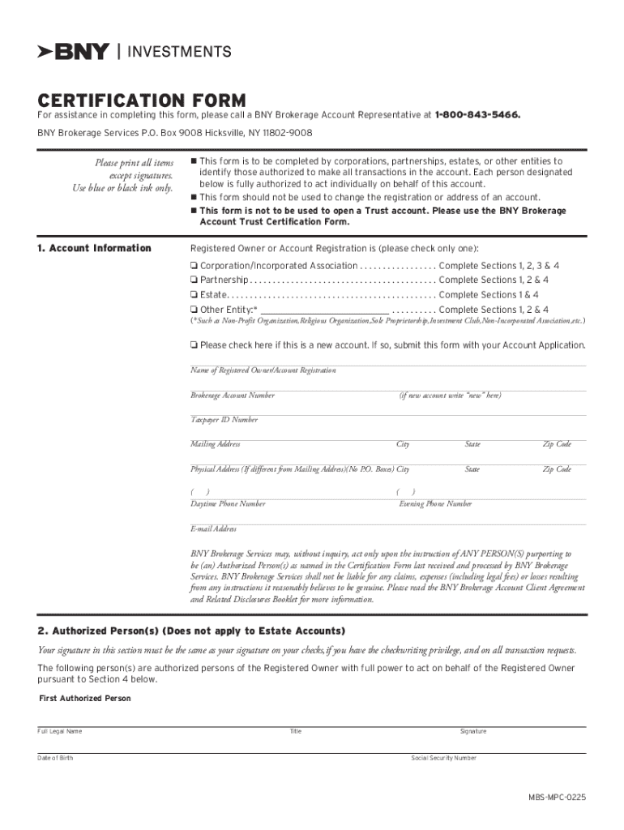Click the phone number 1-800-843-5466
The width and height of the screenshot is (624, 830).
477,115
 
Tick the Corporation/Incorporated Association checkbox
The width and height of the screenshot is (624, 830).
194,266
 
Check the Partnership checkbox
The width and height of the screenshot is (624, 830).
194,280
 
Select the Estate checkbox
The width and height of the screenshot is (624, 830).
194,295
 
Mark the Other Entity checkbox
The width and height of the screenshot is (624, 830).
194,310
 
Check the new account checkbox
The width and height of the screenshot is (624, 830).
194,345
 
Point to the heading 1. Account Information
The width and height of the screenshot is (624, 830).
94,248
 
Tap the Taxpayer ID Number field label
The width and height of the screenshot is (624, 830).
224,420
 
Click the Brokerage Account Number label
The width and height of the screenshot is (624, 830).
233,396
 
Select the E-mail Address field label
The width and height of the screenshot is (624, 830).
213,529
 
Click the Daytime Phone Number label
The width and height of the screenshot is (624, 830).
228,504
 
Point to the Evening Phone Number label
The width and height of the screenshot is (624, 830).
435,504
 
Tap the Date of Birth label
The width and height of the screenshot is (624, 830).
55,758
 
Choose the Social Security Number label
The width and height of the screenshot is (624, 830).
444,758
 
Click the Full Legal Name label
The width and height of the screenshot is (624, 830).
60,731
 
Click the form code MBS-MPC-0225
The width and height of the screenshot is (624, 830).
556,798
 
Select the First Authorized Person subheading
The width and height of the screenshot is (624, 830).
85,699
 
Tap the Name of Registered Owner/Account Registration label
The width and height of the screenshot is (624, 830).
263,370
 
